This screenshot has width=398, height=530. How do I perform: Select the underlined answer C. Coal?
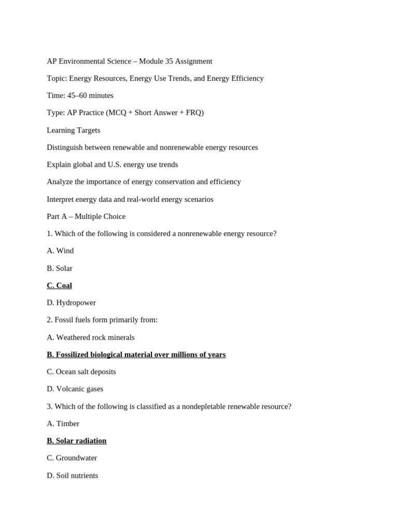point(59,285)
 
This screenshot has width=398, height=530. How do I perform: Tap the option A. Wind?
point(60,251)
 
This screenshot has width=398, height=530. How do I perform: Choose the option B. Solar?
point(60,268)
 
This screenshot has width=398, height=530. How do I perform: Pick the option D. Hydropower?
point(71,302)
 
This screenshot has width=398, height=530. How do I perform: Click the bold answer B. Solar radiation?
point(76,440)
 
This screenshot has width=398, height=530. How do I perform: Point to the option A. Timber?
point(63,423)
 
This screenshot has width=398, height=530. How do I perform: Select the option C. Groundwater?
point(72,458)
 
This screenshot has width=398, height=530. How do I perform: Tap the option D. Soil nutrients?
point(72,475)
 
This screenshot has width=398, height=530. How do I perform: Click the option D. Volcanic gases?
point(75,389)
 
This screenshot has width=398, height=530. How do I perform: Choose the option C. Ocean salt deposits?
point(81,372)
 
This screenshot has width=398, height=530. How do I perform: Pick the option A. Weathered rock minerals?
point(90,337)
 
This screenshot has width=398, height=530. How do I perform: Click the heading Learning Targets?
point(73,130)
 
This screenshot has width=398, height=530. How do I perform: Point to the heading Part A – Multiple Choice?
point(86,216)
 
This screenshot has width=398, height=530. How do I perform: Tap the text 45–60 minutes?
point(90,95)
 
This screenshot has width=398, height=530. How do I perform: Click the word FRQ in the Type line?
point(193,112)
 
